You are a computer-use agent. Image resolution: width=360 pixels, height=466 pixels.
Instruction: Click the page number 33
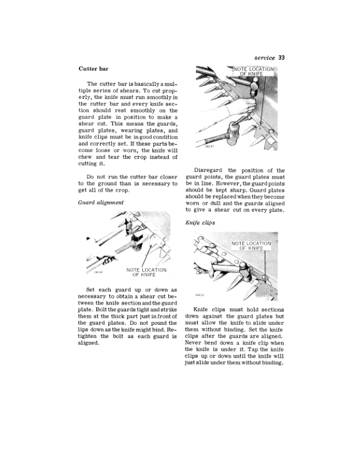click(x=282, y=58)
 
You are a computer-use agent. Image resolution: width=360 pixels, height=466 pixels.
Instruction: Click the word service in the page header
click(x=265, y=58)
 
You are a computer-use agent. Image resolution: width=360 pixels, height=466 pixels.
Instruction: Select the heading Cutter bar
click(x=94, y=69)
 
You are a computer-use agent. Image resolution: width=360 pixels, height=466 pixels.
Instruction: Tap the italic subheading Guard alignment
click(x=101, y=202)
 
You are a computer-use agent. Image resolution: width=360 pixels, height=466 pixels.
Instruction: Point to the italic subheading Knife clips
click(x=200, y=222)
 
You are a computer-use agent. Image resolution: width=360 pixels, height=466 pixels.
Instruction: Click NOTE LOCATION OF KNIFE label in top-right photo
click(x=254, y=71)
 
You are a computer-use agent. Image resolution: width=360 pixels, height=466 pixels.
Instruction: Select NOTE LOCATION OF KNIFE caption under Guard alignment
click(x=146, y=272)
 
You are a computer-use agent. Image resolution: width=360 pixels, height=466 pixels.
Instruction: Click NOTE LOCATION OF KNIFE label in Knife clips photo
click(x=251, y=245)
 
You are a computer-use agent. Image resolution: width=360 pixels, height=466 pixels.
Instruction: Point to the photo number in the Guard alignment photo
click(x=98, y=272)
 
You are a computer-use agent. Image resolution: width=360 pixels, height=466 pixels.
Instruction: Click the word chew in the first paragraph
click(x=85, y=157)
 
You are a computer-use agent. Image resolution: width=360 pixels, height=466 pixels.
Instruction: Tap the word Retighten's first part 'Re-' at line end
click(x=172, y=329)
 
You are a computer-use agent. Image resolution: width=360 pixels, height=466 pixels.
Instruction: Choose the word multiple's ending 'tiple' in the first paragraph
click(x=84, y=91)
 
